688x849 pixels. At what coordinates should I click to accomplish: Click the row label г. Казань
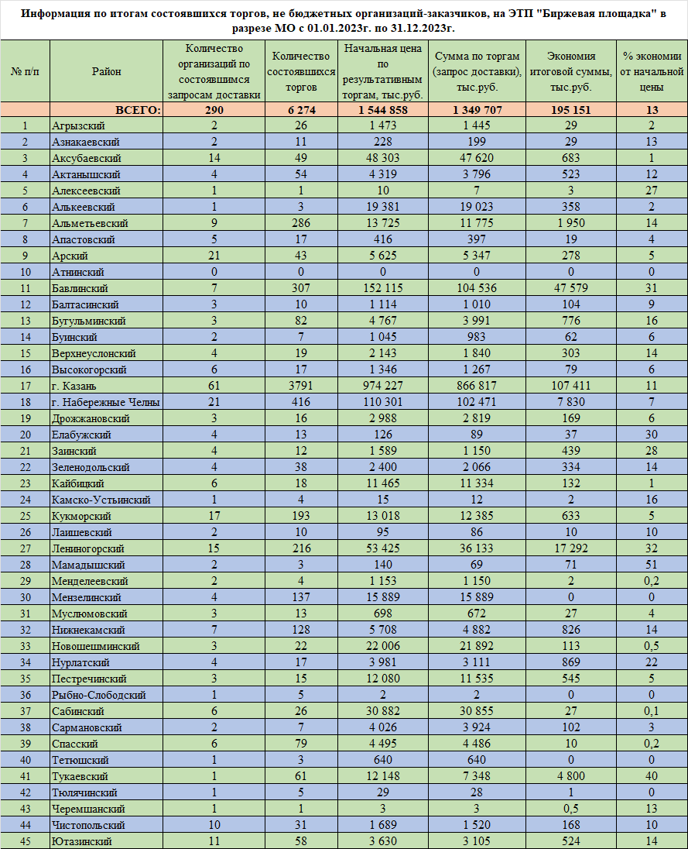pos(76,386)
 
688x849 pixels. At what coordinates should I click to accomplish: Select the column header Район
pos(106,71)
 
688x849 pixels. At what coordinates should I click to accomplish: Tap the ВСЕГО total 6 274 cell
pos(300,110)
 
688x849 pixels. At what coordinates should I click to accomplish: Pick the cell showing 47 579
pos(570,288)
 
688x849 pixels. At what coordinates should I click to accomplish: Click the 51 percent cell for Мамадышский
pos(652,565)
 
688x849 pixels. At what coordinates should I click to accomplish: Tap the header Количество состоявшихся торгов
pos(300,71)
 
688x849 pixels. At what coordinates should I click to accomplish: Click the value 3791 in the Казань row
pos(300,386)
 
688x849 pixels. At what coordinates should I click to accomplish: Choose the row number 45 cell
pos(26,841)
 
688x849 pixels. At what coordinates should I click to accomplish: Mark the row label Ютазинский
pos(81,841)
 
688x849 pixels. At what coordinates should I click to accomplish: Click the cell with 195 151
pos(570,110)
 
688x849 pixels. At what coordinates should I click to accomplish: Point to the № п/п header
pos(26,71)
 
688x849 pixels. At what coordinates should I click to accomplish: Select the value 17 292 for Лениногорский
pos(570,548)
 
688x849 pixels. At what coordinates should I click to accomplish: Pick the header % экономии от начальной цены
pos(652,71)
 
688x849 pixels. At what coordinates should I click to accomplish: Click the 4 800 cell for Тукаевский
pos(570,776)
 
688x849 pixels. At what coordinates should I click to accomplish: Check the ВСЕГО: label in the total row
pos(138,110)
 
